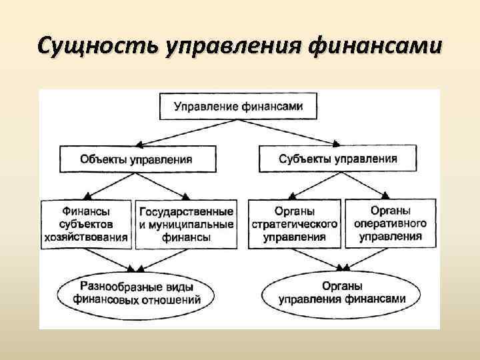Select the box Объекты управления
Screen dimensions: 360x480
(137, 159)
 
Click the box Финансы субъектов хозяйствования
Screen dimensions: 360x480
(87, 224)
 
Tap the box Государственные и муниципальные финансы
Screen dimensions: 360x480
(187, 224)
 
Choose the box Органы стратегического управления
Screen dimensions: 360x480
(295, 224)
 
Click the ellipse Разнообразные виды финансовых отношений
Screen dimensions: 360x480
(137, 293)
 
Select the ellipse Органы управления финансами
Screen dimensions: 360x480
(342, 293)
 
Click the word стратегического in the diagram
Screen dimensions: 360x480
(295, 224)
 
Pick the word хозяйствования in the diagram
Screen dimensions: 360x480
(87, 235)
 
